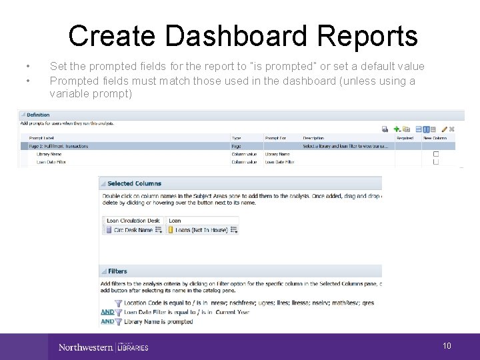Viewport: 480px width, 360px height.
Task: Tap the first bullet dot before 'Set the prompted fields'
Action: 27,67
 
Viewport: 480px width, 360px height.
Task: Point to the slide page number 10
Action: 447,346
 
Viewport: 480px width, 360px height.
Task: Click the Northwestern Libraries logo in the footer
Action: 103,347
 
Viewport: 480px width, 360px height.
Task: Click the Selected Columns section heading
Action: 134,183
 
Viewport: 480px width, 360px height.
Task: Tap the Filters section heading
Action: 117,271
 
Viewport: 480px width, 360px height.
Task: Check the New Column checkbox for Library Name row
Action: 436,154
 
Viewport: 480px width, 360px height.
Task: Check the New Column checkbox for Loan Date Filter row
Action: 436,161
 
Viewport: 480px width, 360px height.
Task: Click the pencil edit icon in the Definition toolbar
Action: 444,129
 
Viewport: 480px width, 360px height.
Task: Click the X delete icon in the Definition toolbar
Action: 453,129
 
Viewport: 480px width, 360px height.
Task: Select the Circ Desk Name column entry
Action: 136,230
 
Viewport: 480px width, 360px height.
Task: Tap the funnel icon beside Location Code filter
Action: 119,303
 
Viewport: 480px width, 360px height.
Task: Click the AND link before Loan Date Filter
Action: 107,312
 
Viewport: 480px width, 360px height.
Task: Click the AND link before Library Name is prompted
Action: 107,321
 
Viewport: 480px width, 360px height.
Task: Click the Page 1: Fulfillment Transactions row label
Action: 59,146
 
